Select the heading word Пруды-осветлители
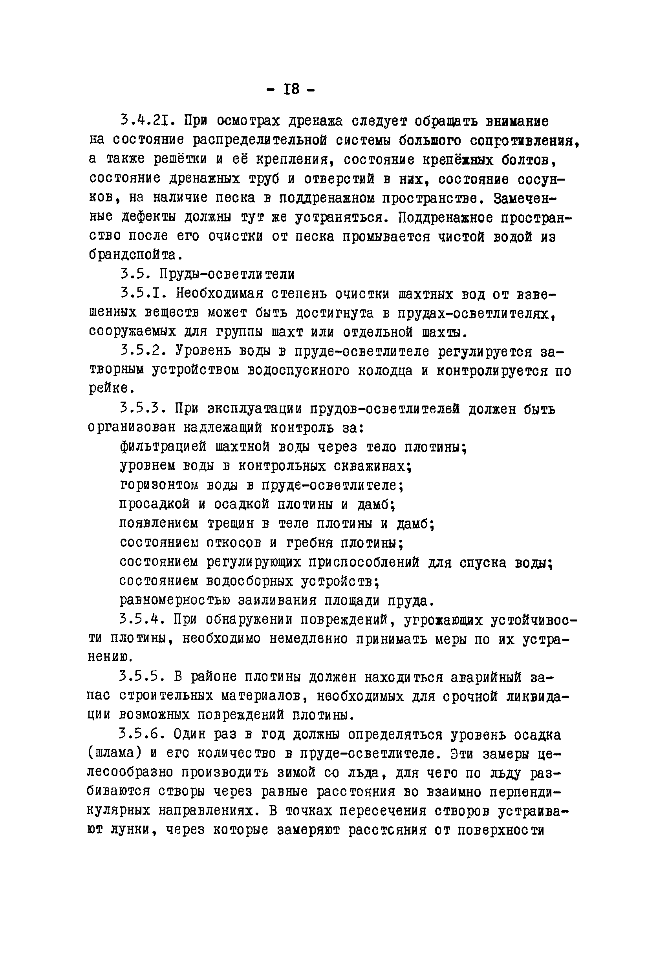[227, 274]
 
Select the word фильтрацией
[163, 447]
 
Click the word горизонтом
[159, 485]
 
